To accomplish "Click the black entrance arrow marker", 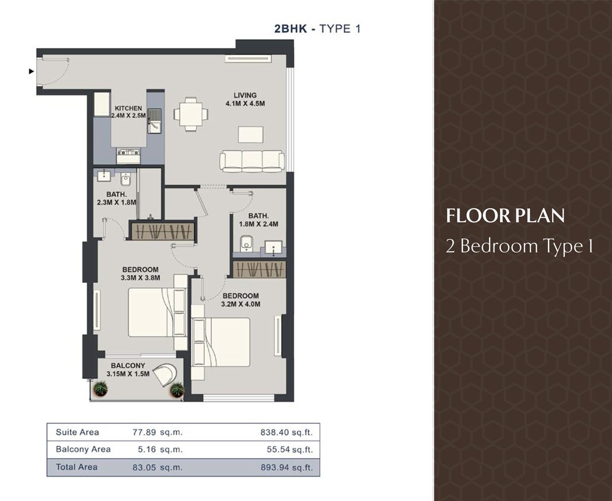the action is [31, 71].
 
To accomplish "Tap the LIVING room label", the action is [245, 95].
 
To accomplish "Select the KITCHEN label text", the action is [129, 108].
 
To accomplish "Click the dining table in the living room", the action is [191, 114].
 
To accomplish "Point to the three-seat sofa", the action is [251, 161].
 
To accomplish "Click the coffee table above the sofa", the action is [251, 135].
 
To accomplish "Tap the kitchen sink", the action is [155, 121].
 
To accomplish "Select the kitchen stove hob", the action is [129, 152].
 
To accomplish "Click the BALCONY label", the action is [127, 366].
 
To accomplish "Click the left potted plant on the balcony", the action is [100, 389].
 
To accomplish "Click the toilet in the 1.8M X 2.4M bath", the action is [246, 243].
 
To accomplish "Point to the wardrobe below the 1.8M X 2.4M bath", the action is [259, 269].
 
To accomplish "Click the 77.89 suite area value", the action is [144, 433].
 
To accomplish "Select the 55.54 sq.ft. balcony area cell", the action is [290, 449].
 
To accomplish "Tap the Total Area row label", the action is [77, 467].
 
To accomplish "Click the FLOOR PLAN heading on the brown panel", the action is [505, 216].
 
